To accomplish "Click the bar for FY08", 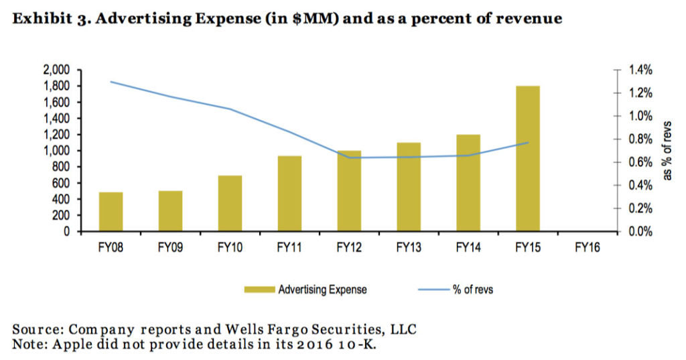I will click(111, 212).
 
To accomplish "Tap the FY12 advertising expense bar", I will click(349, 191).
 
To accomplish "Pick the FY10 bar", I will click(230, 204).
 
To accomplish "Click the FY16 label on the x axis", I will click(587, 247).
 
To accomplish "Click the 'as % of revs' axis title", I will click(667, 151).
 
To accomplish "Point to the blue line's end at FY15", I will click(528, 143).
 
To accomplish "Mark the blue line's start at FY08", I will click(111, 82).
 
